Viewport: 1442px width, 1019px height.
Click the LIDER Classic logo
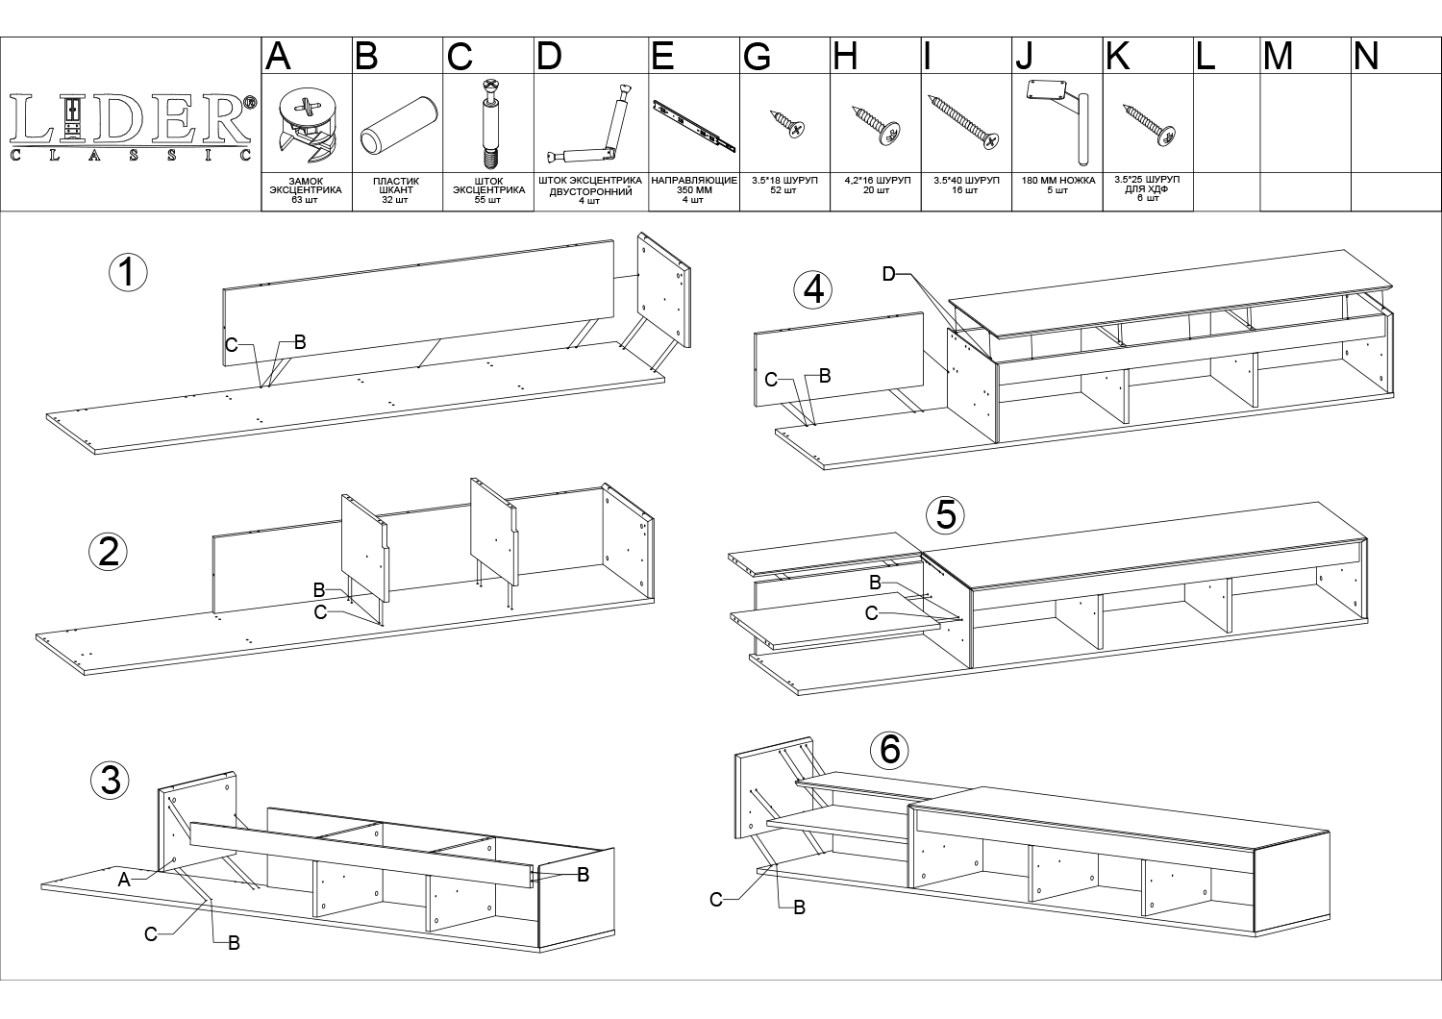click(133, 127)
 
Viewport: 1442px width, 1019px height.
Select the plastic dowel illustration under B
click(399, 125)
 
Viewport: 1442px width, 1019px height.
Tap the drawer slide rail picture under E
click(694, 126)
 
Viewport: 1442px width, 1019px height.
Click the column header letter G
click(757, 57)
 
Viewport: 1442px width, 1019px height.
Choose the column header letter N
click(1366, 56)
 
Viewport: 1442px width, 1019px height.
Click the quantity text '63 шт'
click(305, 200)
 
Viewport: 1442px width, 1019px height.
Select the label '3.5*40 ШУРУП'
click(966, 180)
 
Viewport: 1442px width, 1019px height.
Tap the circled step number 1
click(128, 272)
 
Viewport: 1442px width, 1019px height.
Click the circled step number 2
click(108, 553)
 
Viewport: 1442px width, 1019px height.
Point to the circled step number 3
click(111, 781)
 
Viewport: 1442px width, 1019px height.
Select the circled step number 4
click(813, 289)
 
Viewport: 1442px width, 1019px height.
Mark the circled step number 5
click(946, 514)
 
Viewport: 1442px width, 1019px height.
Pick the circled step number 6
click(889, 750)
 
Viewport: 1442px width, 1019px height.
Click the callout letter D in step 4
click(888, 274)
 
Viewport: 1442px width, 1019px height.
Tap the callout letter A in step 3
click(124, 880)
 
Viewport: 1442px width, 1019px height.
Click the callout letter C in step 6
click(716, 900)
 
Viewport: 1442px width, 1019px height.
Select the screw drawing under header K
click(1150, 125)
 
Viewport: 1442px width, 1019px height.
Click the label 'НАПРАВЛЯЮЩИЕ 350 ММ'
click(694, 186)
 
